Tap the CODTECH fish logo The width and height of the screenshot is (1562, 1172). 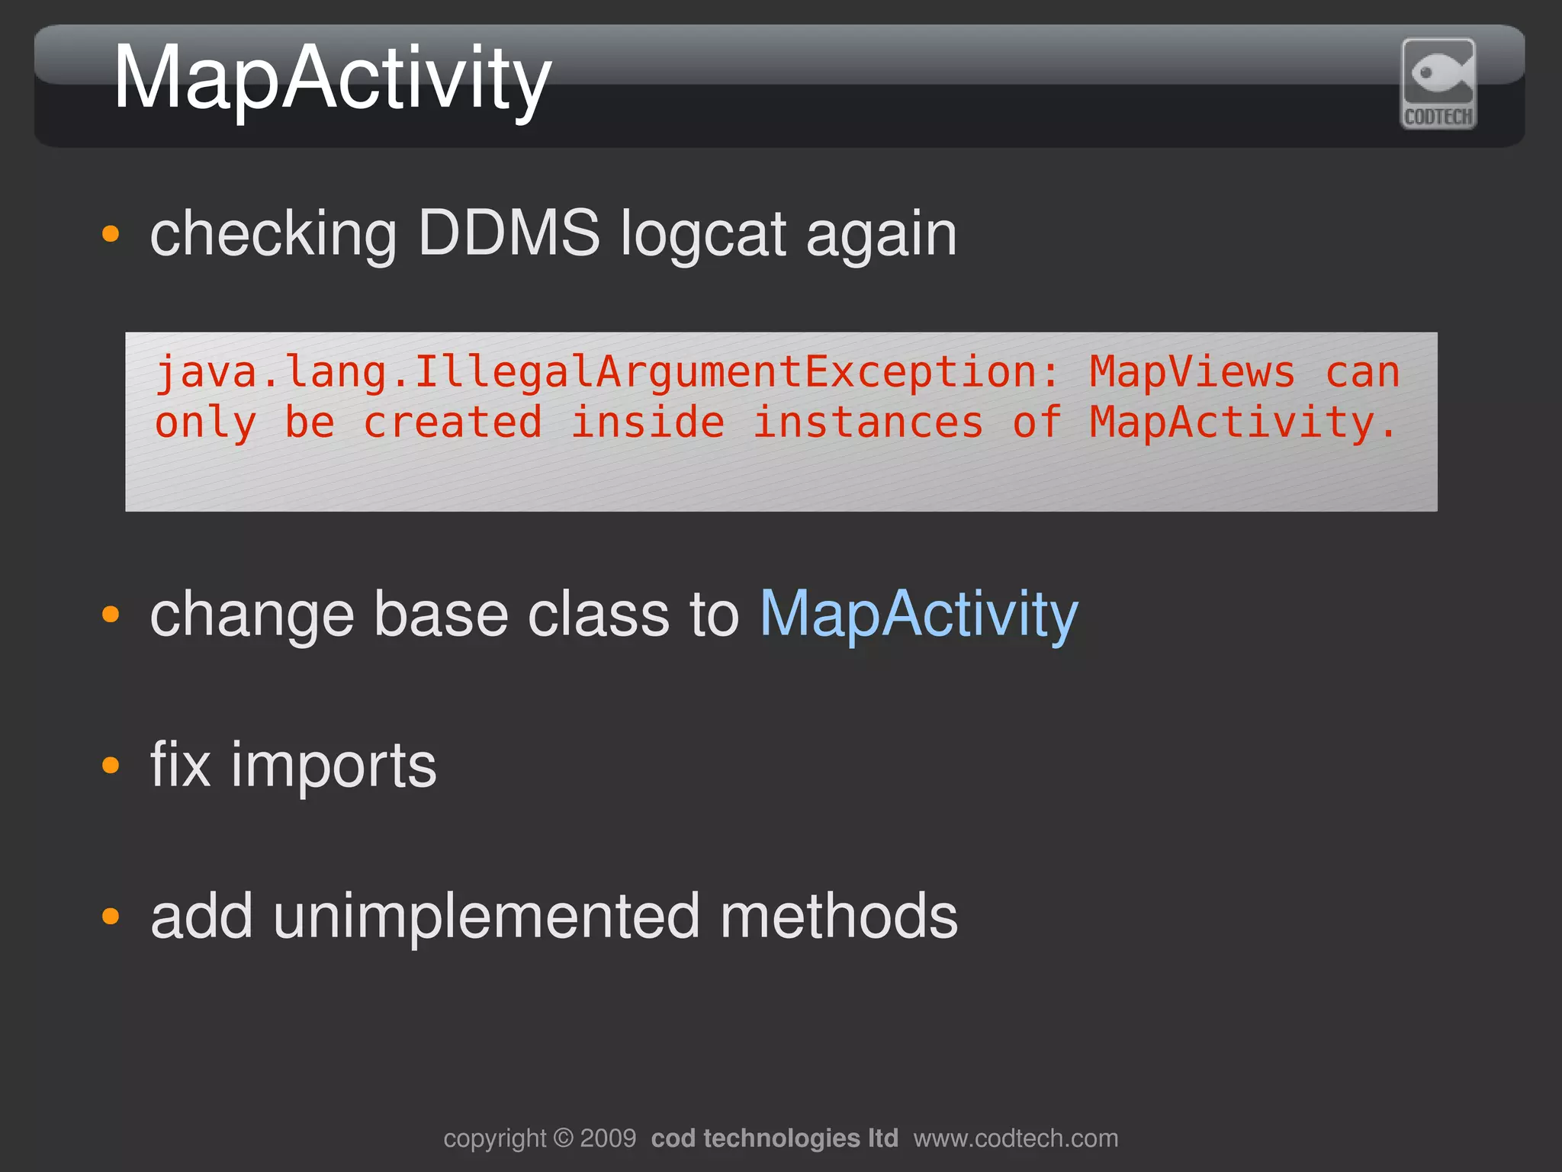[1438, 83]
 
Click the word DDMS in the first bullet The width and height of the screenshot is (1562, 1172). [509, 233]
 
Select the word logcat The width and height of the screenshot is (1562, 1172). [702, 235]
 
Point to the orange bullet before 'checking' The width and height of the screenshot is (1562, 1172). [111, 233]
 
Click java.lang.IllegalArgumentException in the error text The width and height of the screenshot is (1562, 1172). [596, 373]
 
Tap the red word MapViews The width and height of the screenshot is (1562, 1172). [1191, 373]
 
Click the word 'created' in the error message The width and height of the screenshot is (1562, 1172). [452, 423]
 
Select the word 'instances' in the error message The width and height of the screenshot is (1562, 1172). [868, 423]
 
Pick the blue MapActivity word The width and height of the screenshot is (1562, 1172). [918, 615]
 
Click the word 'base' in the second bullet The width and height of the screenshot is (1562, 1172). [441, 615]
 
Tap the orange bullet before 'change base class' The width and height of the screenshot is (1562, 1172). [111, 614]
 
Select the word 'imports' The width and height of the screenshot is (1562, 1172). [333, 766]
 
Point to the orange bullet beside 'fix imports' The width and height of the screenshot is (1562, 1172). [111, 765]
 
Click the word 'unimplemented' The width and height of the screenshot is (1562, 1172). [486, 917]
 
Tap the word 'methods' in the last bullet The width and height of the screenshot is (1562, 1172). [838, 917]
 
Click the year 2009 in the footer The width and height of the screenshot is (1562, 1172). [608, 1138]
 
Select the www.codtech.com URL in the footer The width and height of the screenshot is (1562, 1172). [1015, 1138]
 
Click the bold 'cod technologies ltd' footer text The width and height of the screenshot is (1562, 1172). [774, 1138]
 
